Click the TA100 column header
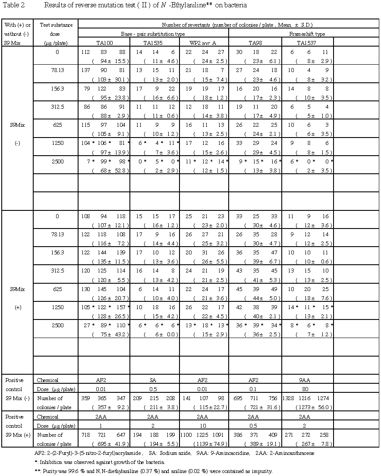tap(104, 43)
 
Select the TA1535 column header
tap(154, 43)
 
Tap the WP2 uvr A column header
tap(203, 43)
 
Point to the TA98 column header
tap(255, 43)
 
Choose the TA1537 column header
tap(307, 43)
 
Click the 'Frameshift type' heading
tap(308, 34)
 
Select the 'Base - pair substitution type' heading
tap(153, 34)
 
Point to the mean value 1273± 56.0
tap(307, 407)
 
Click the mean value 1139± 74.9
tap(204, 444)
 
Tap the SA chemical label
tap(154, 380)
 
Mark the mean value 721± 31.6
tap(255, 407)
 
